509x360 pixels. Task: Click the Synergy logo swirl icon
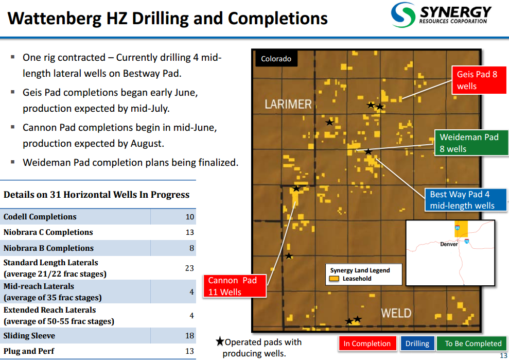point(403,15)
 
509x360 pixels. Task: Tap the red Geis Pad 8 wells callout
point(479,80)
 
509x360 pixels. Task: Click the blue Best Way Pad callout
point(466,200)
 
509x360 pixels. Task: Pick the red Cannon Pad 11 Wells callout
point(234,286)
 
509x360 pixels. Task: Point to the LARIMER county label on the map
point(288,105)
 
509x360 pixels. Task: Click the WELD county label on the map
point(396,313)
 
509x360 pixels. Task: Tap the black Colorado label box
point(276,59)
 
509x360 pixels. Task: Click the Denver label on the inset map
point(449,244)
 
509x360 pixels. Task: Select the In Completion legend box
point(367,344)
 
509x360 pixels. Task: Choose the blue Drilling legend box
point(417,344)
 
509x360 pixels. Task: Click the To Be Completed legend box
point(473,344)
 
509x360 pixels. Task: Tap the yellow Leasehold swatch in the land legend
point(334,279)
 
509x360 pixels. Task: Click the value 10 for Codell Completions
point(190,217)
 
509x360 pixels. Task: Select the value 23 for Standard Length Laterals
point(189,268)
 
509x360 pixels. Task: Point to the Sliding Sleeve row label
point(29,336)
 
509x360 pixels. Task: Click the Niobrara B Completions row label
point(48,248)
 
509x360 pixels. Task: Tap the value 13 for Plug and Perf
point(190,351)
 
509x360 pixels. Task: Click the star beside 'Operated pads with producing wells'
point(220,341)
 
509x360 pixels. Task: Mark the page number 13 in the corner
point(503,355)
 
